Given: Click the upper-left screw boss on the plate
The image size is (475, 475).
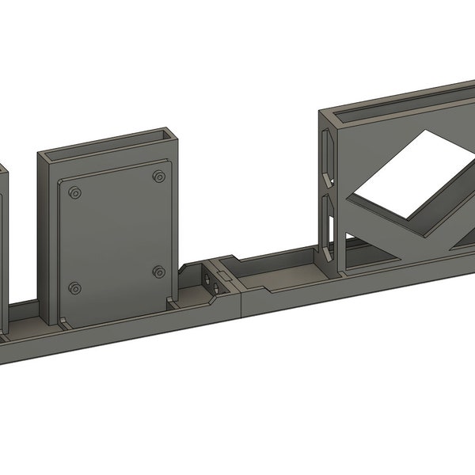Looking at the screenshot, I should coord(74,192).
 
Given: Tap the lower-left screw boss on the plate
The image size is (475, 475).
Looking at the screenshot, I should coord(74,287).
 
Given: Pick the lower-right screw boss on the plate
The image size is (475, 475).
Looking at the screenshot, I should coord(158,272).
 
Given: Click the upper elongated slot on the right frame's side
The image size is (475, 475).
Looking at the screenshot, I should coord(325,153).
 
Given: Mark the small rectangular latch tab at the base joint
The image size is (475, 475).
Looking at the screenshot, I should coord(223,276).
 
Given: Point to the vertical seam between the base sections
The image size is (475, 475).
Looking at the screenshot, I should coord(240,301).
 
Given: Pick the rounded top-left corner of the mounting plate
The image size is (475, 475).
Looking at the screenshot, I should coord(63,181).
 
